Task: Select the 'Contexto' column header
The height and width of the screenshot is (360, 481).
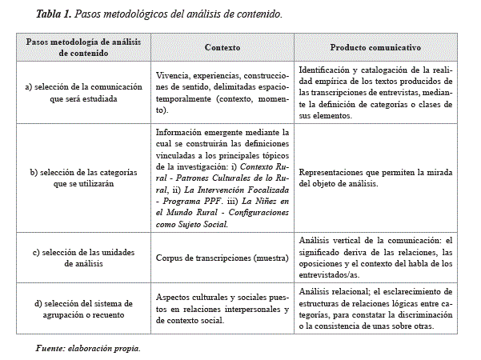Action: (x=222, y=47)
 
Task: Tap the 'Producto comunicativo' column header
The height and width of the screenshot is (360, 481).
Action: (x=375, y=47)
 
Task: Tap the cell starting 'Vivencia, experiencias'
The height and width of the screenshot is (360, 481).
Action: (x=222, y=89)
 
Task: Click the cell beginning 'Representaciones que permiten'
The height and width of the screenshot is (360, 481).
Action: (x=375, y=177)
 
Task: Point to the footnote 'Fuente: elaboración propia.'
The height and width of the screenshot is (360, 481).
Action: (x=88, y=348)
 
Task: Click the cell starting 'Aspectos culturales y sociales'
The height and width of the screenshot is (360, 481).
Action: (x=222, y=307)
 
